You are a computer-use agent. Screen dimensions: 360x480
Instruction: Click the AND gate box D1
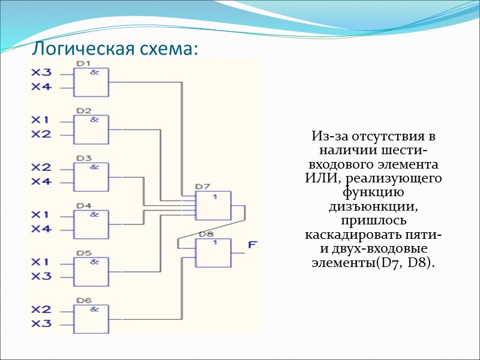click(x=91, y=81)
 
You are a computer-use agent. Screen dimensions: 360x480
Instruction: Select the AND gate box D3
click(x=91, y=176)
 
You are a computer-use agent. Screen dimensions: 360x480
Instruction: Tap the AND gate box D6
click(x=91, y=318)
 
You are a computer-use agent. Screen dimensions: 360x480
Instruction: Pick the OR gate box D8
click(x=214, y=252)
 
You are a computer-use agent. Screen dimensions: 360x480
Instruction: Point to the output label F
click(x=254, y=245)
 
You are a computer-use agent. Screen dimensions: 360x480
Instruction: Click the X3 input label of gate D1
click(x=42, y=73)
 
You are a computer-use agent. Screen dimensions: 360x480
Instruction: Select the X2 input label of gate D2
click(x=42, y=134)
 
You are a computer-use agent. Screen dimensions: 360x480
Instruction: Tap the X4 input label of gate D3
click(x=42, y=181)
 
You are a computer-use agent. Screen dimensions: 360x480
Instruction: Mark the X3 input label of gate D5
click(x=42, y=276)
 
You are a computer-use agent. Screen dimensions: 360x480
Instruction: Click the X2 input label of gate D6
click(x=42, y=310)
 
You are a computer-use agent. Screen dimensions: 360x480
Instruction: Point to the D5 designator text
click(x=83, y=253)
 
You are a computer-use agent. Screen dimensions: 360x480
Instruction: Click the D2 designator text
click(x=83, y=111)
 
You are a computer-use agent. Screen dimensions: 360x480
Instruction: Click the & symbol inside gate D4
click(x=94, y=214)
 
